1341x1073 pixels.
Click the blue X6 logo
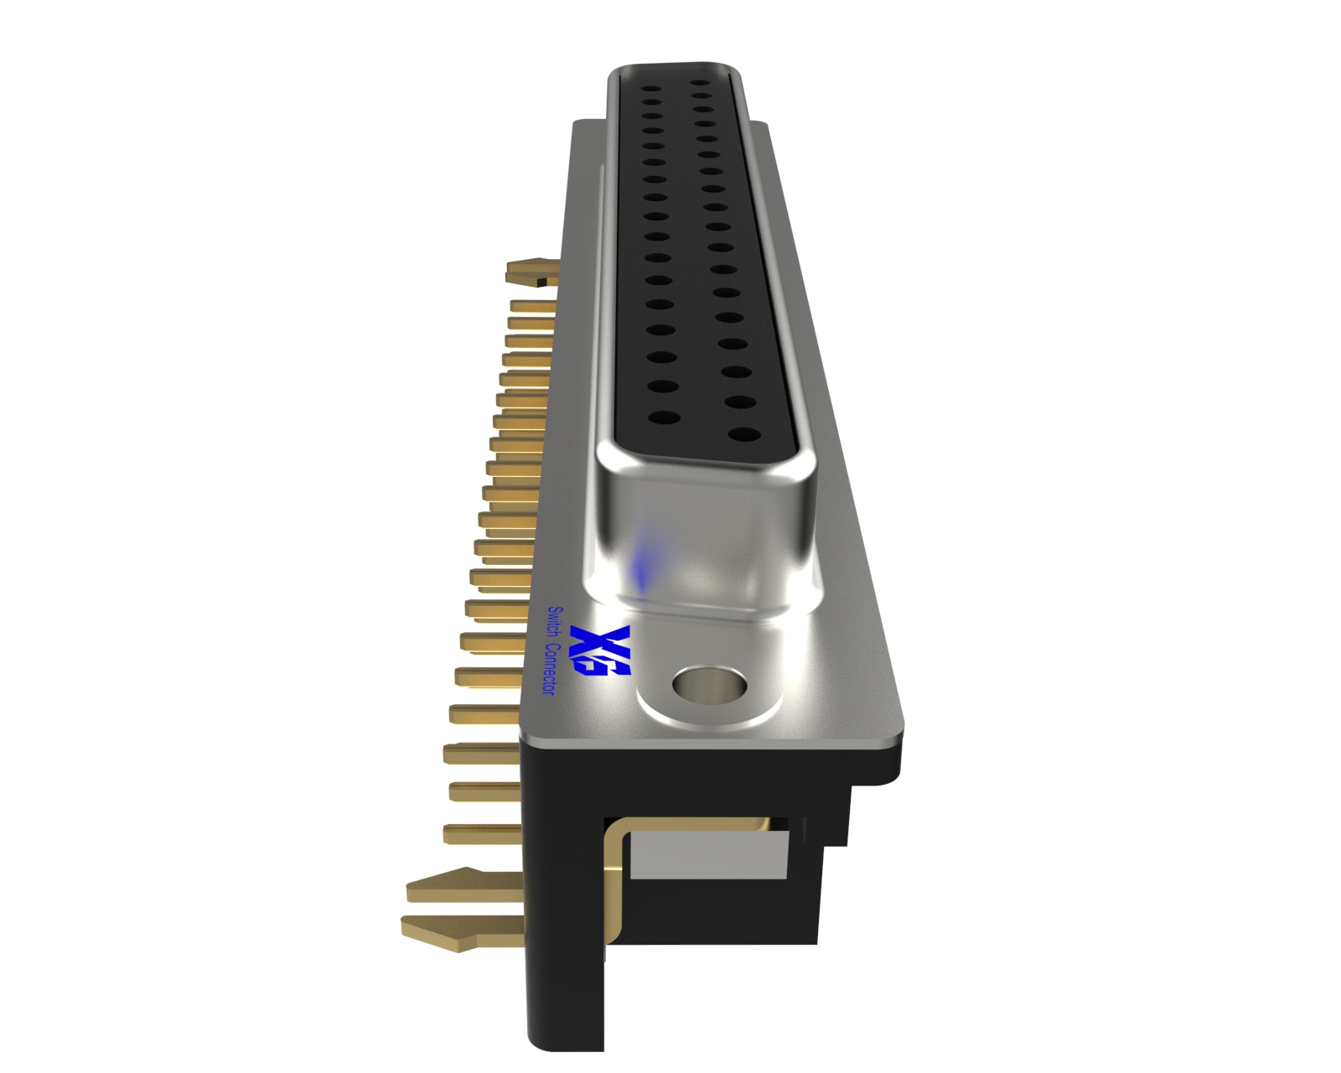tap(600, 651)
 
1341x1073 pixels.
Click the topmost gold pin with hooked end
tap(531, 273)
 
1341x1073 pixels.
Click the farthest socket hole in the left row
tap(647, 84)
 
